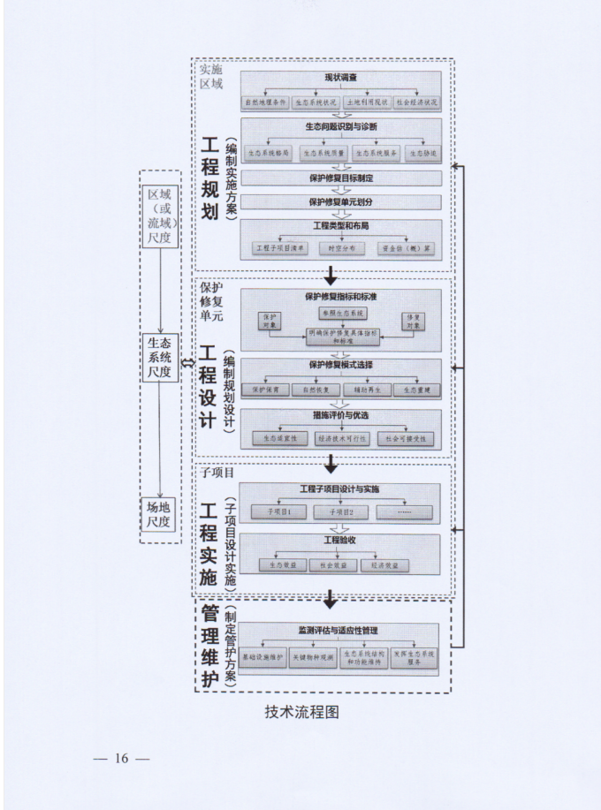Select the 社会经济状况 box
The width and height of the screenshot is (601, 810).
[416, 102]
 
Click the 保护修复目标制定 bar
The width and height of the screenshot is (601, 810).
[340, 178]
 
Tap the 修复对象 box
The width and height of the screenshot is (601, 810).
[413, 321]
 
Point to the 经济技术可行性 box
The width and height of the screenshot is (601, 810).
[339, 437]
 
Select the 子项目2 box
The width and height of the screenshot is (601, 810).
[339, 512]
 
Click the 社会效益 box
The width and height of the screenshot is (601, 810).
[333, 564]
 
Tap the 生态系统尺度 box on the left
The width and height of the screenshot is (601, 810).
[160, 359]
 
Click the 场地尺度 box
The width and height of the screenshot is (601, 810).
[160, 514]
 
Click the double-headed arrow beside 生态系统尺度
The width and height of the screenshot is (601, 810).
[186, 363]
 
